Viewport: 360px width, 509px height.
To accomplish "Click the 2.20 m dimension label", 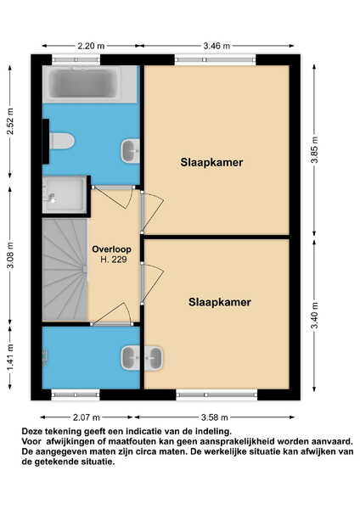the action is (x=91, y=46).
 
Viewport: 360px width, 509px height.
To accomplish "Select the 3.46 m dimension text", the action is (x=217, y=46).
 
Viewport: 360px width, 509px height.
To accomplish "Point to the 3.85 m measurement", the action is (x=314, y=150).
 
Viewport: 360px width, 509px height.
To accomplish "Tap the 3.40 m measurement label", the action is (x=314, y=316).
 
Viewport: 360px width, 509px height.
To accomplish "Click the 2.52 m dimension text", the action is (x=10, y=121).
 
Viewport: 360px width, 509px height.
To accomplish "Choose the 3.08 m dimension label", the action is (x=10, y=255).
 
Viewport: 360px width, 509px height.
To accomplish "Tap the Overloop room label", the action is (x=112, y=249).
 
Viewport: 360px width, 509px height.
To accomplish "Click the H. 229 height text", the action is (x=114, y=260).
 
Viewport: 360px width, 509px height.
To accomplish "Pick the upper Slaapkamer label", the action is (x=211, y=162).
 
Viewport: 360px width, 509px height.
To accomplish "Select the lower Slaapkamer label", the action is (x=220, y=302).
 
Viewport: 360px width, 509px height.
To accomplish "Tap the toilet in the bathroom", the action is (x=62, y=141).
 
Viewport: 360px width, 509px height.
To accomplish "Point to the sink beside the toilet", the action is (x=130, y=151).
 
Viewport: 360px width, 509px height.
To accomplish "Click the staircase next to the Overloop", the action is (x=65, y=269).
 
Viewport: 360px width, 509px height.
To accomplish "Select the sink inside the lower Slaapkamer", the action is (x=154, y=358).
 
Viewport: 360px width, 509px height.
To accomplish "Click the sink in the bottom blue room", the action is (x=130, y=358).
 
